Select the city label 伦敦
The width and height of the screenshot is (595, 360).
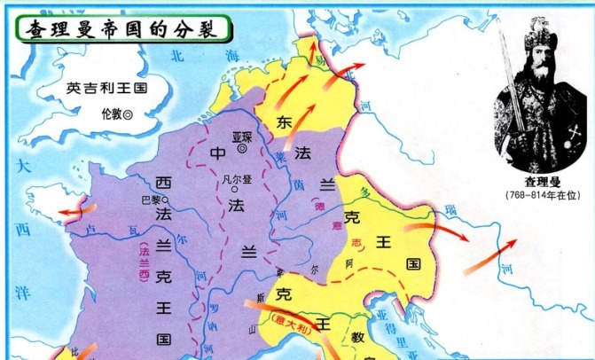pos(115,113)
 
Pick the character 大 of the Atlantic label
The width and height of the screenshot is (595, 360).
pos(25,166)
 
